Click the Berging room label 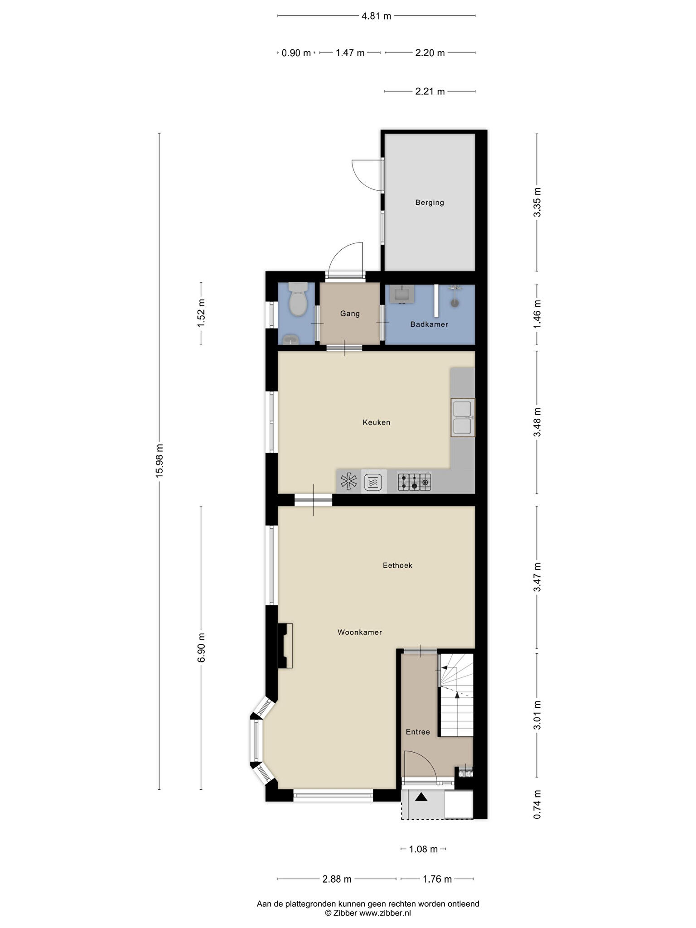[430, 203]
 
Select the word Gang [350, 314]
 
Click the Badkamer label [429, 324]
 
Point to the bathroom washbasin [402, 294]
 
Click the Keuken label [376, 422]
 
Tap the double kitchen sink [463, 417]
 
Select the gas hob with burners [414, 482]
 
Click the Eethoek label [397, 565]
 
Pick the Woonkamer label [360, 632]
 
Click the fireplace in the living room [285, 646]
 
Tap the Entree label [418, 732]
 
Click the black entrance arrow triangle [421, 797]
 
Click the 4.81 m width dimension [376, 16]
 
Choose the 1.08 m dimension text [424, 849]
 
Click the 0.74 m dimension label [537, 804]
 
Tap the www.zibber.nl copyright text [385, 913]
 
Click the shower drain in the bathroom [455, 303]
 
